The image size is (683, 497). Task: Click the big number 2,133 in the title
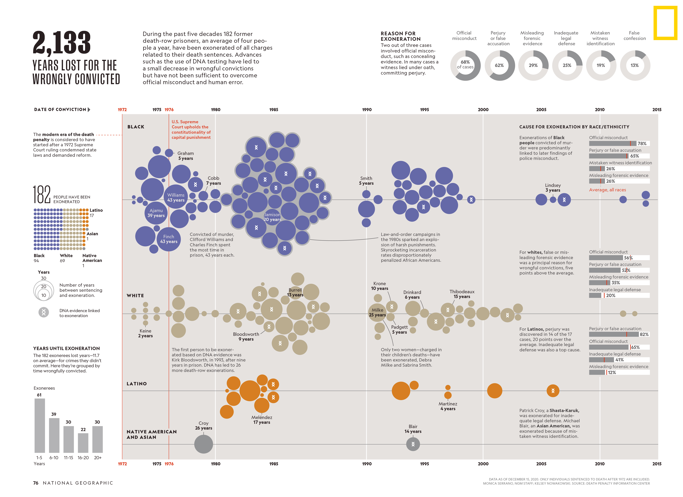pyautogui.click(x=62, y=43)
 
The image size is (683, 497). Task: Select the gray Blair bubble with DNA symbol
pyautogui.click(x=413, y=444)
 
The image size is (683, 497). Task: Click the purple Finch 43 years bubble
pyautogui.click(x=169, y=239)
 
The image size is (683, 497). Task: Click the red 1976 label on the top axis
pyautogui.click(x=169, y=110)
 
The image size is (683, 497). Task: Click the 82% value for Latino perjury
pyautogui.click(x=644, y=334)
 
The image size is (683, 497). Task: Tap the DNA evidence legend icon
pyautogui.click(x=44, y=312)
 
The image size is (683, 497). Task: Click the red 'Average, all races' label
pyautogui.click(x=607, y=190)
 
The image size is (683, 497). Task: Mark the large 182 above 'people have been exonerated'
pyautogui.click(x=42, y=195)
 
